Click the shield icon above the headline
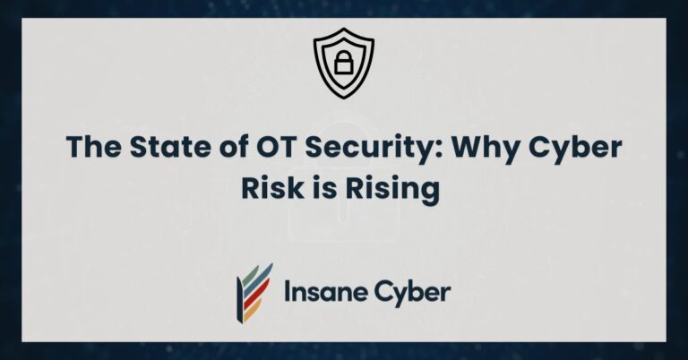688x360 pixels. [344, 64]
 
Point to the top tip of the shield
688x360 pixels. [344, 37]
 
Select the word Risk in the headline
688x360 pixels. [269, 190]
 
